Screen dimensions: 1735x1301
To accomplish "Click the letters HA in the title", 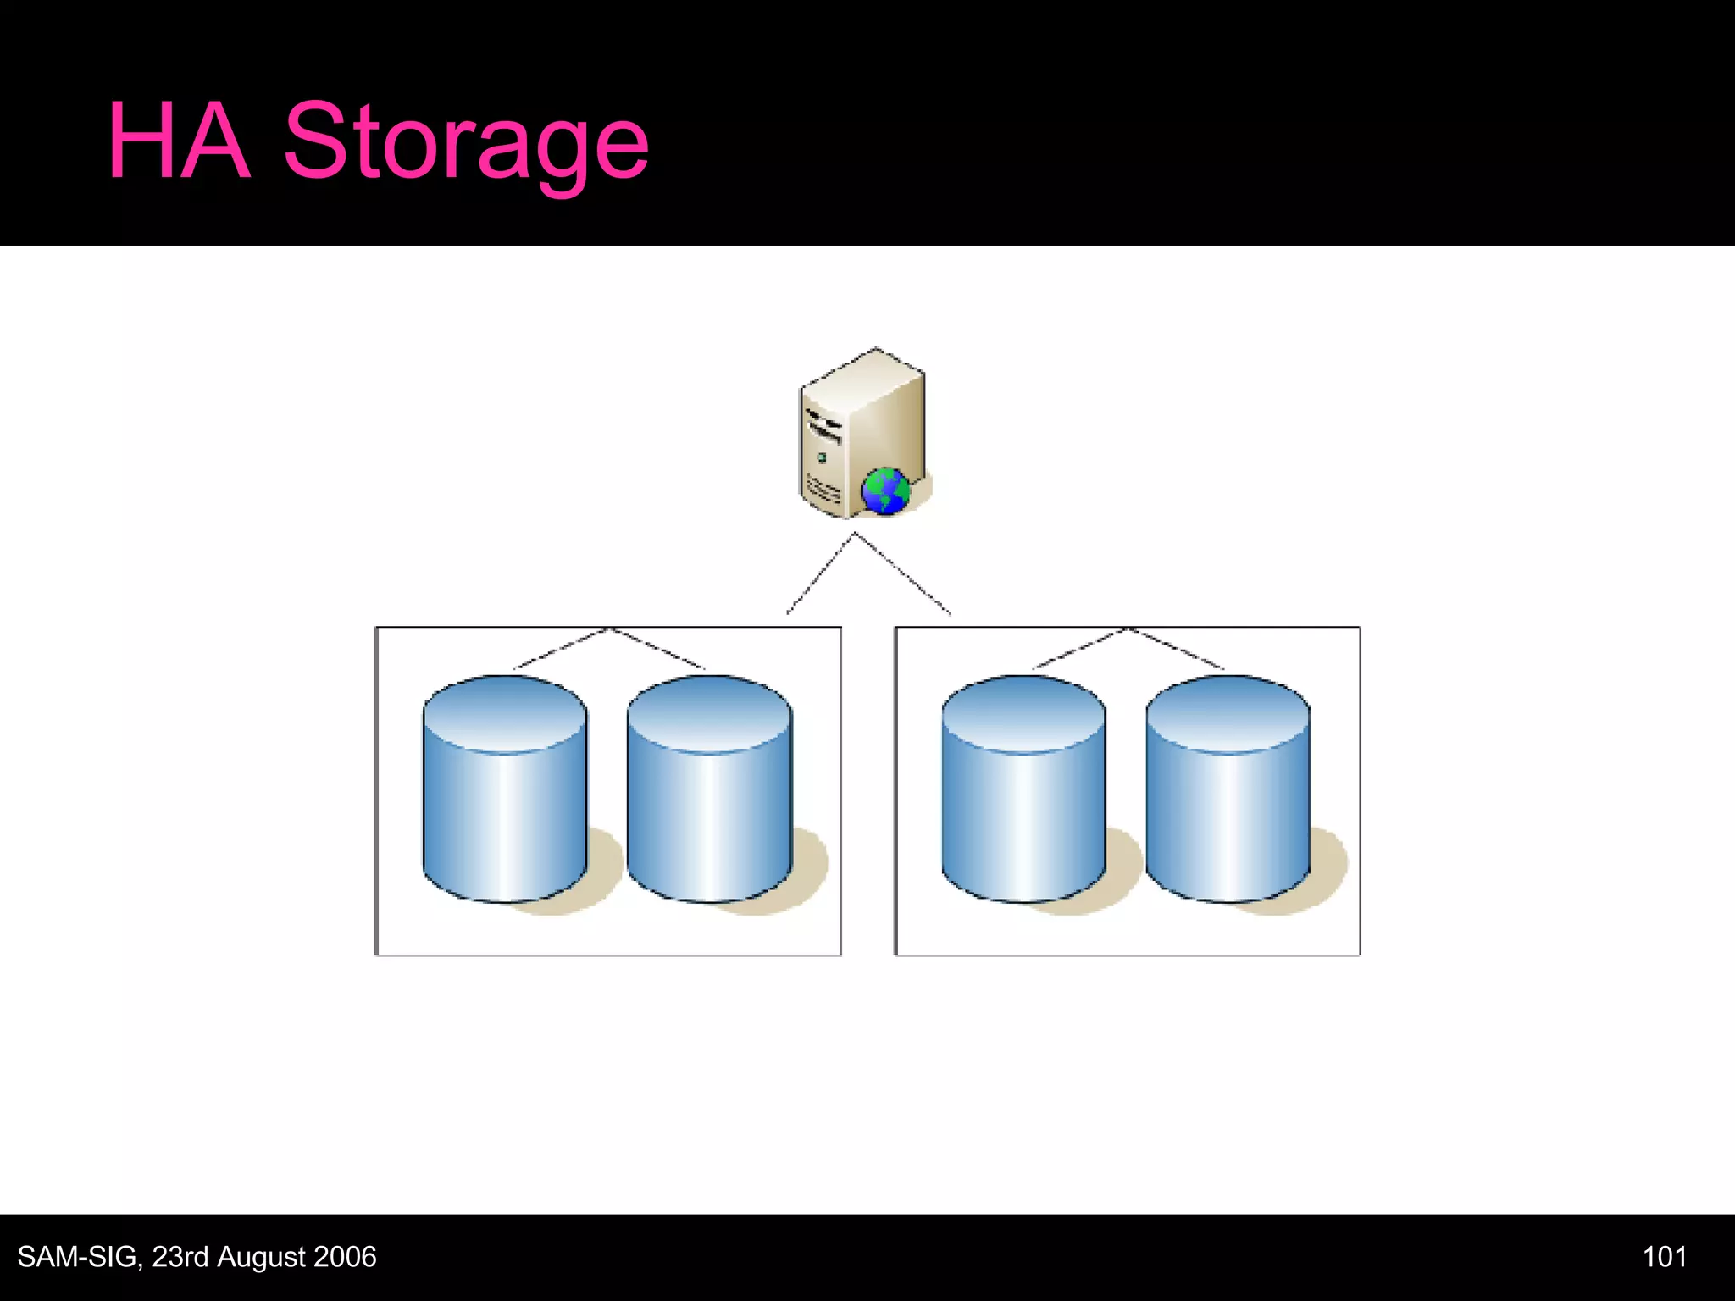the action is pyautogui.click(x=179, y=141).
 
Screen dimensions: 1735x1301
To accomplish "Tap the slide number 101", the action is pyautogui.click(x=1664, y=1256).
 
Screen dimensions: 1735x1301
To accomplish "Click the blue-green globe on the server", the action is pyautogui.click(x=885, y=491).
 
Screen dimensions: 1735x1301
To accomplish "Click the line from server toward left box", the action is pyautogui.click(x=820, y=573).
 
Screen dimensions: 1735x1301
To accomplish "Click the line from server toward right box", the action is pyautogui.click(x=903, y=573).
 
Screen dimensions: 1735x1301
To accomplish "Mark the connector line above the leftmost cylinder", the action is pyautogui.click(x=561, y=649).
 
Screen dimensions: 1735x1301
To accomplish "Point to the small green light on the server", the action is pyautogui.click(x=821, y=458).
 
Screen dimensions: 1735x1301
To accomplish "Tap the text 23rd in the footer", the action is pyautogui.click(x=180, y=1256).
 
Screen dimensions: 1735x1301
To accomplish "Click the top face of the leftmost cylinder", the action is pyautogui.click(x=505, y=711).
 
